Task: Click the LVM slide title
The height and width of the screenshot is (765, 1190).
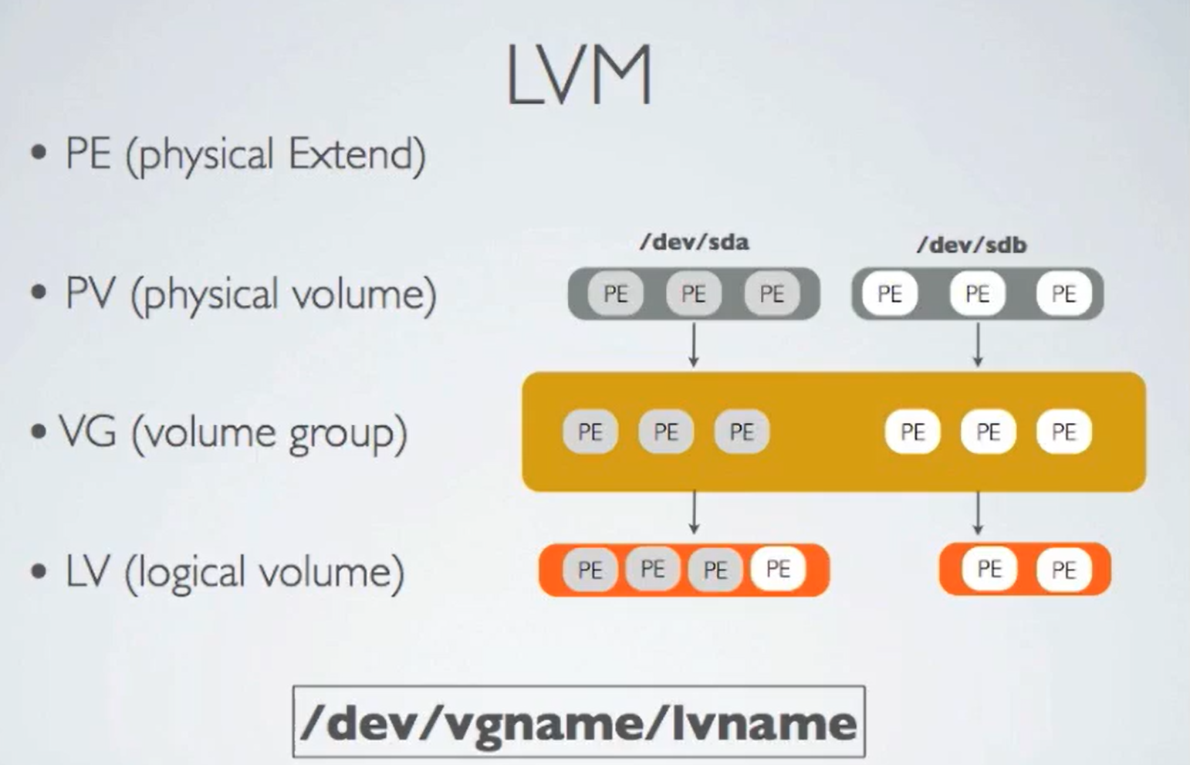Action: tap(579, 75)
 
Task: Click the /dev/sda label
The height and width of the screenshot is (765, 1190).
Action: tap(694, 242)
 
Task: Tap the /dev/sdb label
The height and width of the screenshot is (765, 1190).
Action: tap(972, 245)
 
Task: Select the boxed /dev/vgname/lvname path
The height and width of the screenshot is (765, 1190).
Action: tap(579, 722)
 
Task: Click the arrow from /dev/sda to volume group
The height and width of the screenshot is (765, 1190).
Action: tap(694, 344)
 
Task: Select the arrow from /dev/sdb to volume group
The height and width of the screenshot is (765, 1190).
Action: tap(978, 344)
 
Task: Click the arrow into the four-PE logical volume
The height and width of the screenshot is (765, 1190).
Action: tap(694, 513)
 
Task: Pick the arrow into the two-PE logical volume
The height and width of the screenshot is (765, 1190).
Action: tap(978, 513)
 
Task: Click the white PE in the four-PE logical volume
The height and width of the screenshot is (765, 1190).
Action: tap(778, 570)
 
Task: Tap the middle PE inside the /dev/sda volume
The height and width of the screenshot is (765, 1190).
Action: tap(693, 294)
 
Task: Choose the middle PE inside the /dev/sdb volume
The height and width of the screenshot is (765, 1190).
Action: tap(977, 294)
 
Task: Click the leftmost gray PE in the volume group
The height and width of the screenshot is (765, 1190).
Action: tap(590, 432)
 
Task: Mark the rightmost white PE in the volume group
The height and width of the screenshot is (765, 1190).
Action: tap(1063, 432)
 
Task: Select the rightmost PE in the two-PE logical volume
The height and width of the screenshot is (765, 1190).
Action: tap(1063, 570)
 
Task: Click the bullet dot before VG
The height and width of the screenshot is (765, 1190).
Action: tap(39, 432)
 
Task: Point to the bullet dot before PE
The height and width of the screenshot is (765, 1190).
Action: tap(39, 153)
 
